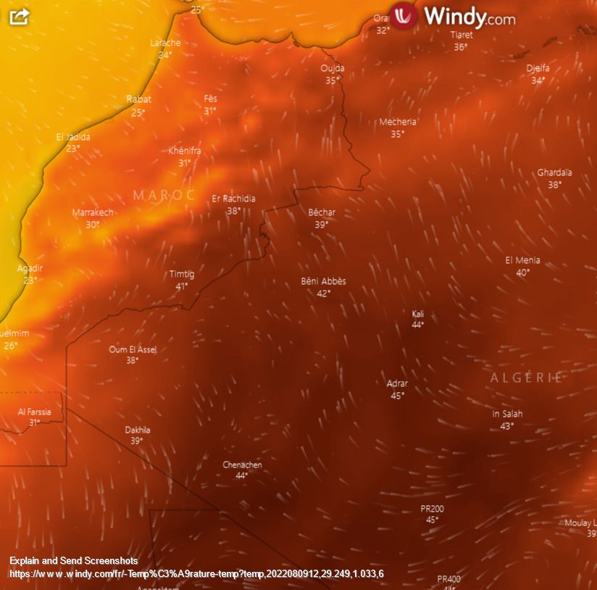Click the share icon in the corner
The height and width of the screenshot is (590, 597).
(x=19, y=16)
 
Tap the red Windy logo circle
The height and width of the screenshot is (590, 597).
(x=404, y=15)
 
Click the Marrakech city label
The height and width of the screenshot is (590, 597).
(x=93, y=212)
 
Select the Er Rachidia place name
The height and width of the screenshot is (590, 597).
(x=233, y=199)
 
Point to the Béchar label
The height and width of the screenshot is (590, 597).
(x=322, y=212)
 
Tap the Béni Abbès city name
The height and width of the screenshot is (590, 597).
(x=323, y=281)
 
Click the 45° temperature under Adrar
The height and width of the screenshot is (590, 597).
(x=397, y=396)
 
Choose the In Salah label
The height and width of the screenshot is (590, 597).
(x=507, y=414)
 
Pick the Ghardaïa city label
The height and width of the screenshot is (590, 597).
(x=554, y=173)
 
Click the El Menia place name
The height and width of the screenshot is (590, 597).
(x=522, y=260)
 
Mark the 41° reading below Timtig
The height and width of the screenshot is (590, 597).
(x=181, y=286)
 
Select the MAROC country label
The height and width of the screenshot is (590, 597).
(x=164, y=195)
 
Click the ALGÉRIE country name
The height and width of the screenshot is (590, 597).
(x=527, y=378)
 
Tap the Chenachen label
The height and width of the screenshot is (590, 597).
(x=242, y=465)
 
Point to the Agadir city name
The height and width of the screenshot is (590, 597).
(x=30, y=268)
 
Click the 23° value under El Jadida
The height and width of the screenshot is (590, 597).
(x=73, y=149)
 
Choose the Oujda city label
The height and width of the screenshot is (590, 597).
(x=333, y=68)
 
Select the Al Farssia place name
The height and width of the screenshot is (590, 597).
(x=35, y=412)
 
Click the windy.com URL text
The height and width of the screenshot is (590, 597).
(x=196, y=574)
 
